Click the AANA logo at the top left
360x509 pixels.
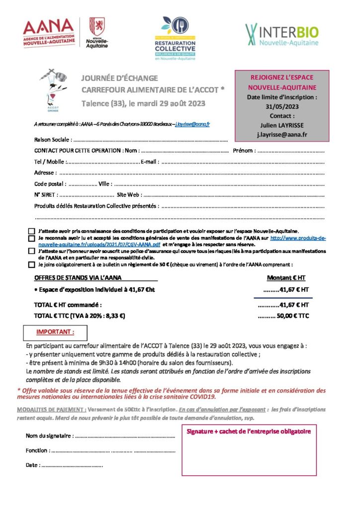[48, 33]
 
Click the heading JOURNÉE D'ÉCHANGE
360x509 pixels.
[120, 79]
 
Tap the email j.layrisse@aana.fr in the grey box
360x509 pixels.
[281, 134]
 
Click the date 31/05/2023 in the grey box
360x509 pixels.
[281, 106]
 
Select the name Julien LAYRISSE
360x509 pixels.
[281, 125]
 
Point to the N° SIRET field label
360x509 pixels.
[46, 195]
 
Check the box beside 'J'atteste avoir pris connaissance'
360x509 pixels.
[31, 231]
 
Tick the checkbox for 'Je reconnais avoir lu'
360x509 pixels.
[31, 239]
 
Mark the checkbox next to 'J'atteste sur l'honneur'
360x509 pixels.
[31, 252]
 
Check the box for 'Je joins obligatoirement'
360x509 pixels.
[31, 265]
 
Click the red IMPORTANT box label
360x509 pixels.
[55, 332]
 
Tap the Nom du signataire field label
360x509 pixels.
[49, 436]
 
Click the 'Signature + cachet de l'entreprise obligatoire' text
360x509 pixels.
[249, 431]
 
